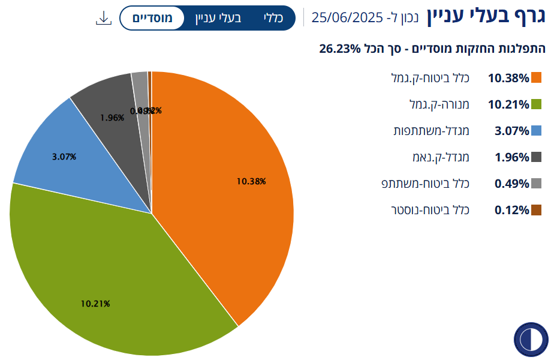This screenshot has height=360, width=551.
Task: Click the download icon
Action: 104,19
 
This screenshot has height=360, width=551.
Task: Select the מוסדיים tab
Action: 152,19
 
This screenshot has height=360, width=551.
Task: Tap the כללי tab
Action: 273,19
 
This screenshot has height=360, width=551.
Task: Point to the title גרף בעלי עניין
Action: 486,17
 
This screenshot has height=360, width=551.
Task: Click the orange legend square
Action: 537,78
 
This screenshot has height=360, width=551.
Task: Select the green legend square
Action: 537,104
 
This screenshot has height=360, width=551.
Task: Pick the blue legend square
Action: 537,131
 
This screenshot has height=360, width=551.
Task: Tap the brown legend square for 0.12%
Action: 537,210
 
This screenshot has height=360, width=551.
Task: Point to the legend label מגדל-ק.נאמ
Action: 445,157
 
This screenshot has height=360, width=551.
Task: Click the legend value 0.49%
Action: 511,184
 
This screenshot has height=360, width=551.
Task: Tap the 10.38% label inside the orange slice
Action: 251,181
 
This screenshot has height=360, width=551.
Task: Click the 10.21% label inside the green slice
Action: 95,304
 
